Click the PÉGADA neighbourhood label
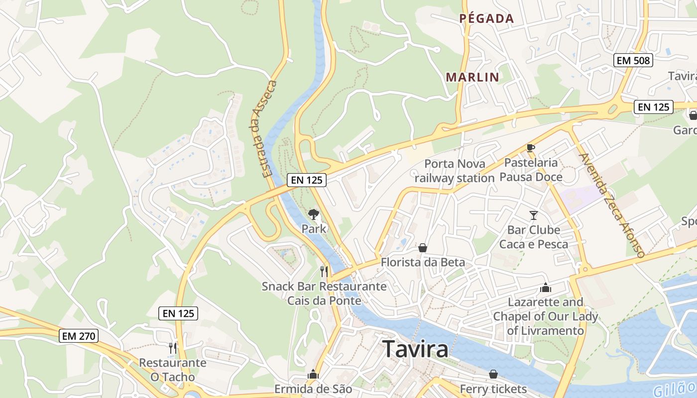pos(486,19)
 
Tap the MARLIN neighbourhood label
pos(472,77)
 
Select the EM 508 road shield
pos(633,61)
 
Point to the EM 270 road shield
pos(78,336)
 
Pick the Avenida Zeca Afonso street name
pos(612,205)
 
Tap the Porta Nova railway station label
pos(454,171)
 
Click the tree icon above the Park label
pos(314,214)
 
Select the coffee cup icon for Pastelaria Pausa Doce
pos(531,148)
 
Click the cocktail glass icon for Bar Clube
pos(534,215)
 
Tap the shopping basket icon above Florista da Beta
pos(423,247)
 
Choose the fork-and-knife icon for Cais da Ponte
pos(324,271)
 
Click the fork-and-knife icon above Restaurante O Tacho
pos(173,348)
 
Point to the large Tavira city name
pos(415,349)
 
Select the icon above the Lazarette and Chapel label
pos(546,288)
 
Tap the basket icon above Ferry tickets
pos(493,374)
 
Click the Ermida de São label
pos(313,389)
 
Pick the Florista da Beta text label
pos(423,262)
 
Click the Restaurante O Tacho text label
pos(172,370)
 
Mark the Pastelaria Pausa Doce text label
pos(531,170)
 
